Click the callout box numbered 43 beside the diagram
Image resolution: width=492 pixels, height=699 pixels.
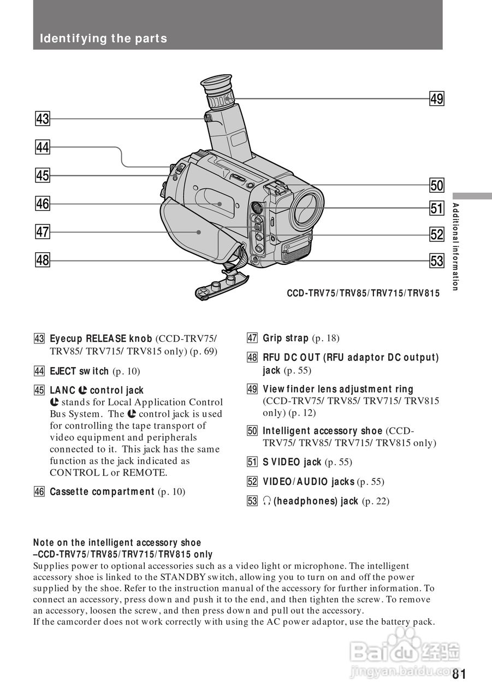coord(43,119)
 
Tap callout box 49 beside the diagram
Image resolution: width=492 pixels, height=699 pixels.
coord(436,99)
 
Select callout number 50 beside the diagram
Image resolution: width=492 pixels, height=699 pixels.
coord(436,185)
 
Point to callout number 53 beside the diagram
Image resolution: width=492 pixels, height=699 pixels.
coord(436,260)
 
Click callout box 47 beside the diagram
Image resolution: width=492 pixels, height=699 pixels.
coord(43,232)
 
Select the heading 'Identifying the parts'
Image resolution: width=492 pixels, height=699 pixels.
coord(103,39)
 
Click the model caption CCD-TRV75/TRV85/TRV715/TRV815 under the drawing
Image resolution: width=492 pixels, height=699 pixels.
coord(363,293)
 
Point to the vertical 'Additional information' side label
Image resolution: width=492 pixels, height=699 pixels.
coord(455,246)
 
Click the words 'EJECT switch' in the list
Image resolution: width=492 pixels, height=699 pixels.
coord(79,371)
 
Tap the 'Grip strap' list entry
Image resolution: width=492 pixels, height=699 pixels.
coord(286,338)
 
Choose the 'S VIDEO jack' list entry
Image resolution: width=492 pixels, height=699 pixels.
coord(292,462)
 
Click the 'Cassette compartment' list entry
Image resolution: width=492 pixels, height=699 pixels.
coord(102,491)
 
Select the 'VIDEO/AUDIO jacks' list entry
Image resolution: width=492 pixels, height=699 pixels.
coord(309,482)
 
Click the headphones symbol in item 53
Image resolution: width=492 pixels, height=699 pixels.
coord(267,501)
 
